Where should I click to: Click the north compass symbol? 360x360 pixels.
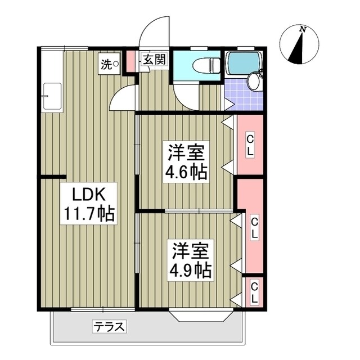point(299,45)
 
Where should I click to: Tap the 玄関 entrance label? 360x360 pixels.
point(153,60)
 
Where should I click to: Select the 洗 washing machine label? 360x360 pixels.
point(106,64)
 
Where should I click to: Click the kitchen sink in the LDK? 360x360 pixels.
point(52,96)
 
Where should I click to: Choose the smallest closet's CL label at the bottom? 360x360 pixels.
point(254,292)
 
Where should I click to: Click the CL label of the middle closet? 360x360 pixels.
point(254,227)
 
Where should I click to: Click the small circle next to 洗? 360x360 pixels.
point(116,64)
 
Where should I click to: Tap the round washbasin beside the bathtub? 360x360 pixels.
point(254,83)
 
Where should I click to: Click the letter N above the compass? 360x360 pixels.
point(303,29)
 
